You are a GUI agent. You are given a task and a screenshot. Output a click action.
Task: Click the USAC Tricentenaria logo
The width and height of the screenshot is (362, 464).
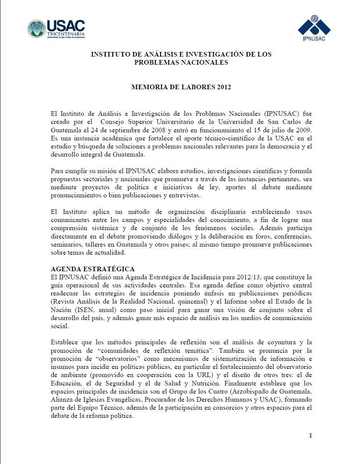point(56,29)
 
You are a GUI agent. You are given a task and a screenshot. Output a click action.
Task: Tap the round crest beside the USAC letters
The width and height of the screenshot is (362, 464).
point(37,29)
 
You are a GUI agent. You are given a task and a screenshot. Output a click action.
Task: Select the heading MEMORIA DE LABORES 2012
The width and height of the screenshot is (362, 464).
point(181,87)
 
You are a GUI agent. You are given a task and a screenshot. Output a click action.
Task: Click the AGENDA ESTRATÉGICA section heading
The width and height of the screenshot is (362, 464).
point(93,269)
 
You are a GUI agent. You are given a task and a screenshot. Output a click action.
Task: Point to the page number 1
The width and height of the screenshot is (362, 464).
point(310,436)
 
